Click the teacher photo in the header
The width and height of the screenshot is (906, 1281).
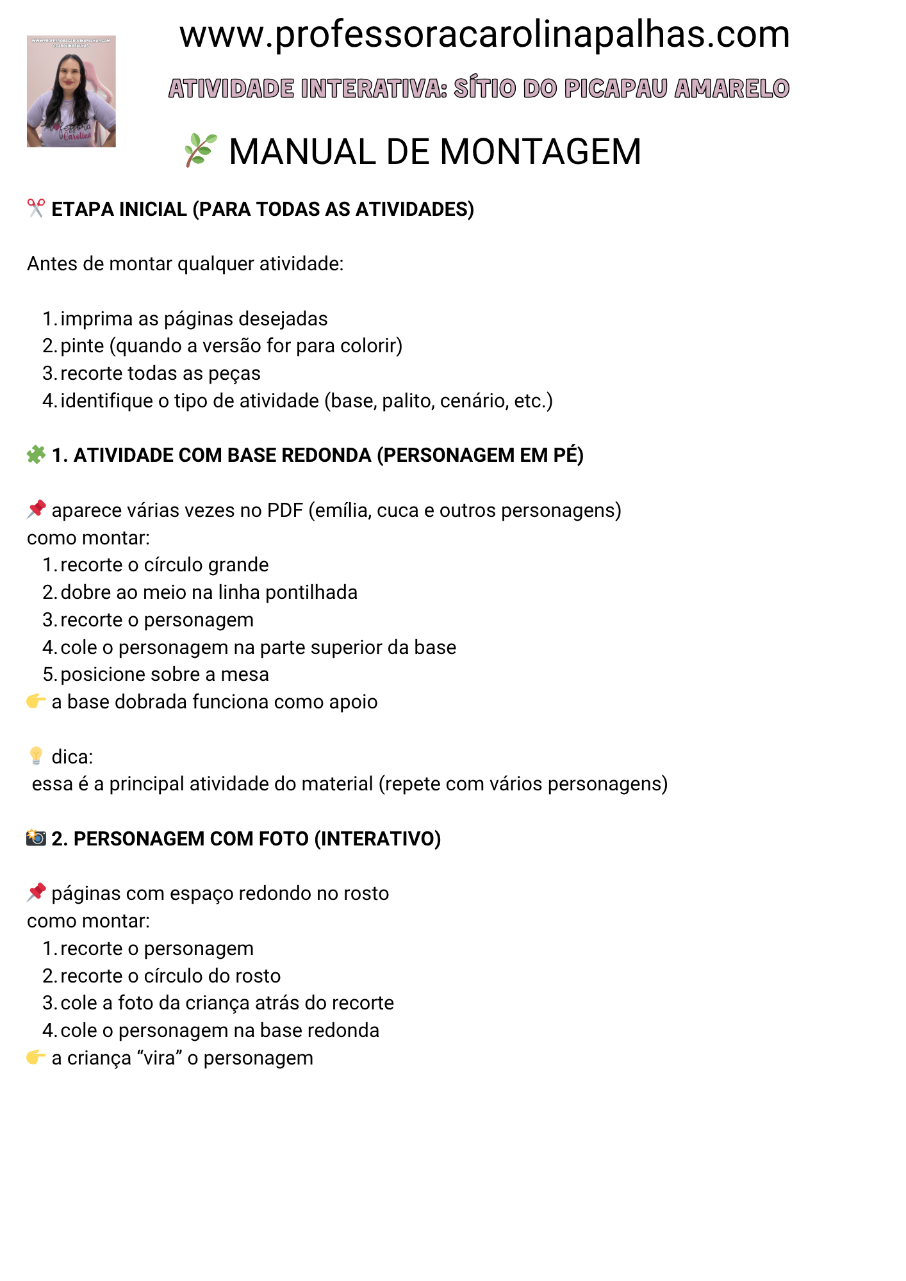tap(71, 92)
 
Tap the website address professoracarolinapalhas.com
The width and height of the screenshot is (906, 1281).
tap(484, 35)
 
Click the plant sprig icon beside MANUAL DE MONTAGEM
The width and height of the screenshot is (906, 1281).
tap(201, 151)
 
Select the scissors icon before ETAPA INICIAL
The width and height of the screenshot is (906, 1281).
tap(36, 208)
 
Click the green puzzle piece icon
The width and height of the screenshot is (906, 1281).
tap(36, 455)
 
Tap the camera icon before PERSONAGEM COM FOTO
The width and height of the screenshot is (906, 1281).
tap(36, 838)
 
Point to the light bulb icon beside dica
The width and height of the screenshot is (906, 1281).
tap(36, 756)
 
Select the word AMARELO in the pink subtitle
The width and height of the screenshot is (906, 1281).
tap(732, 88)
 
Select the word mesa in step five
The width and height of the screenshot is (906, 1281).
tap(245, 674)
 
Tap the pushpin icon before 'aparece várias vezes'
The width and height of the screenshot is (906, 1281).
tap(36, 510)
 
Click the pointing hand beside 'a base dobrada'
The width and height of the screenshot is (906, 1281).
tap(36, 701)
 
